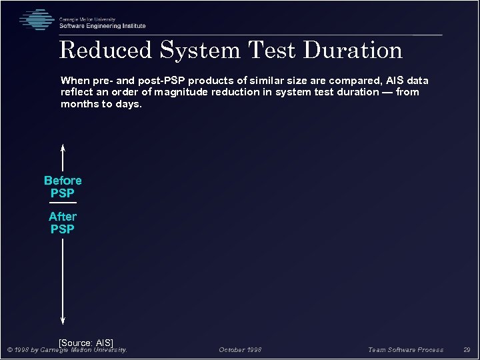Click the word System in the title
click(200, 51)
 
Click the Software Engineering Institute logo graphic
click(37, 19)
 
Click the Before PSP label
click(63, 187)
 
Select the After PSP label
click(63, 223)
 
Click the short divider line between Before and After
click(63, 202)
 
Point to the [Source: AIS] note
click(86, 343)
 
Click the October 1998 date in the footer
click(240, 350)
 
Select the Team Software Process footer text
click(405, 350)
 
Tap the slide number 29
click(467, 350)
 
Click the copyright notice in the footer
click(67, 350)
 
